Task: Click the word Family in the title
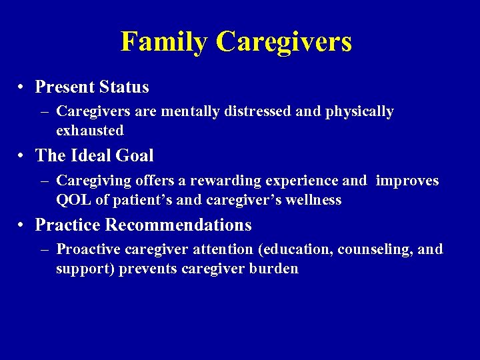click(164, 42)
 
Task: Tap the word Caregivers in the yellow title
click(283, 42)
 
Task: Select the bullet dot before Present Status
click(22, 87)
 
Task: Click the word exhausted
click(90, 130)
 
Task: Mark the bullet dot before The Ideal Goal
click(22, 156)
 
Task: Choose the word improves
click(407, 181)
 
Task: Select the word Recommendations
click(178, 225)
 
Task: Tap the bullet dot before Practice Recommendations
click(22, 225)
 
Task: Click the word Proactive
click(89, 250)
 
